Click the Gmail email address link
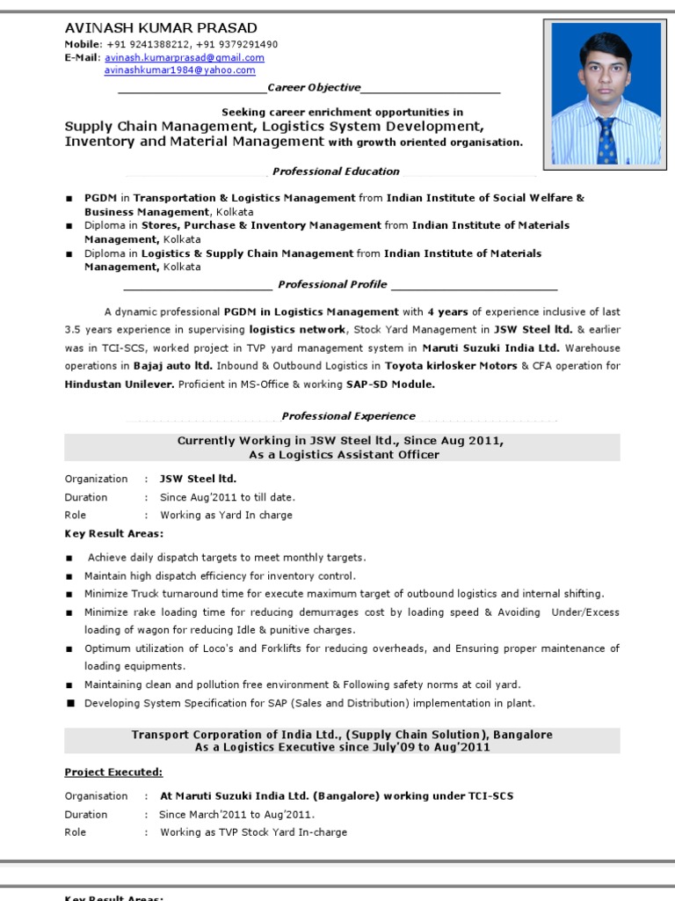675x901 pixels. (184, 58)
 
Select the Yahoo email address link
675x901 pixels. (179, 70)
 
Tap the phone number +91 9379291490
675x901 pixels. (238, 44)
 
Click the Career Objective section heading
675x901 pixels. (314, 88)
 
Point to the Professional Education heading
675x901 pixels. (336, 172)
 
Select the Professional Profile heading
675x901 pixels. (332, 284)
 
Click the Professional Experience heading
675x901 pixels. (348, 416)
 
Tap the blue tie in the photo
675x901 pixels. (606, 139)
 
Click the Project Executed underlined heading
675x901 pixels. (113, 773)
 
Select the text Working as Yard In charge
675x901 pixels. (226, 516)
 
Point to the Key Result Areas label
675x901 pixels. (113, 534)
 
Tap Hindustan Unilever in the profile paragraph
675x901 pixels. (120, 385)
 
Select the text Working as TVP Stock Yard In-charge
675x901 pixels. (253, 832)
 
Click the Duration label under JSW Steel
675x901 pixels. (86, 497)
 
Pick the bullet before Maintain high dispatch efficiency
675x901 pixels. (69, 576)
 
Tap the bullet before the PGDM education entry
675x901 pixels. (69, 199)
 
